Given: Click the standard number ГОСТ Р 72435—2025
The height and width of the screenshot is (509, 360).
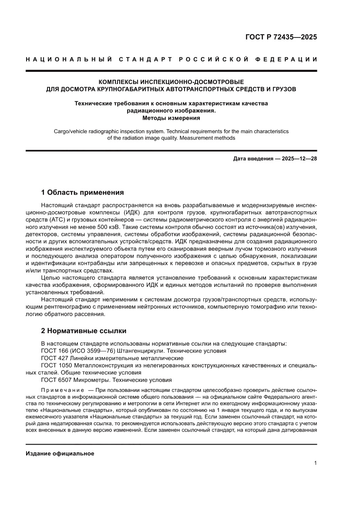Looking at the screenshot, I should (x=281, y=37).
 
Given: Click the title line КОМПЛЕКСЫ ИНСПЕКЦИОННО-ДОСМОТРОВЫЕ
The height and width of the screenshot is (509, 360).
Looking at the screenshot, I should (x=171, y=81).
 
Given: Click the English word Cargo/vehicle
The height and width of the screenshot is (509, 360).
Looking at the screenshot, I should (x=72, y=131).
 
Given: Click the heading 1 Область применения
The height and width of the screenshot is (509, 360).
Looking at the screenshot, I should (x=82, y=192).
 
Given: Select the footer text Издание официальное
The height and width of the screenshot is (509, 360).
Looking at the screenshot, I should (x=60, y=453).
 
